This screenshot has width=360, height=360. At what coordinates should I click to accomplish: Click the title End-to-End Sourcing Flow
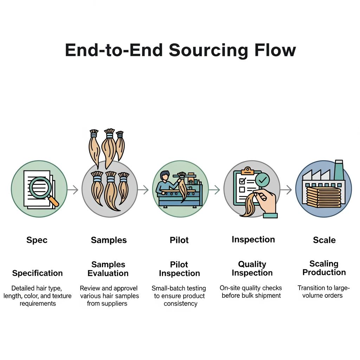point(180,50)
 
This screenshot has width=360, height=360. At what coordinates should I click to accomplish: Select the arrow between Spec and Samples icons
point(73,190)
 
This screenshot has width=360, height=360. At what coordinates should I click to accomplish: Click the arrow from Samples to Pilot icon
point(143,190)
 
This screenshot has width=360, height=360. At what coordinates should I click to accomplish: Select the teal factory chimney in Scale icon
point(339,171)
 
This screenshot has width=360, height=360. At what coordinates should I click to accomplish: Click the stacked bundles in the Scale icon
point(324,197)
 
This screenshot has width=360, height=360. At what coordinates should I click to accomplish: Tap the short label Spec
point(37,240)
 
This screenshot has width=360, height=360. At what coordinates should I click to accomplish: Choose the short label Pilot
point(179,240)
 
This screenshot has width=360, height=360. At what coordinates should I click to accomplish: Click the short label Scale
point(324,240)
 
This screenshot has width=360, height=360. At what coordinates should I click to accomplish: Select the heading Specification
point(37,273)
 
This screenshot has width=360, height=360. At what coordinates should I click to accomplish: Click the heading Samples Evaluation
point(108,269)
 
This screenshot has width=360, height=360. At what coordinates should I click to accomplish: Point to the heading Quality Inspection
point(252,269)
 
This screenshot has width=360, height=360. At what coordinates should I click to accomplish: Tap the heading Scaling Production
point(324,268)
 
